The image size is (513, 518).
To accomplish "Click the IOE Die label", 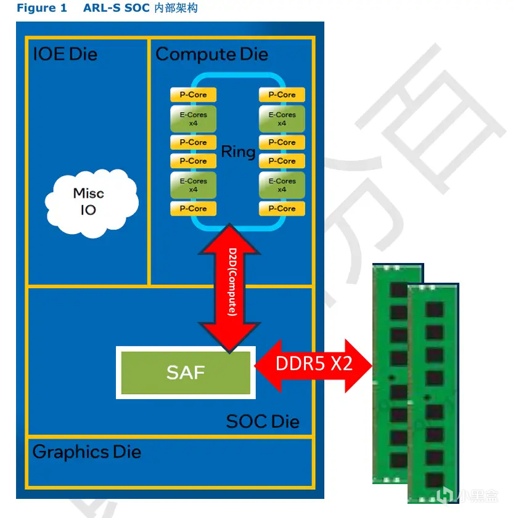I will [65, 54].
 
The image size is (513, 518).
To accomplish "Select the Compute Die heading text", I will [211, 54].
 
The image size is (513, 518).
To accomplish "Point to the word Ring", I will [238, 152].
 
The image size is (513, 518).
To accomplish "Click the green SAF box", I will [186, 372].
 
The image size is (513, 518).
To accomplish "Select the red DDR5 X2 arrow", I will [314, 364].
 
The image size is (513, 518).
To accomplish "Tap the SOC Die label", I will [263, 421].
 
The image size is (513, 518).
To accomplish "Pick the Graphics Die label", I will [87, 452].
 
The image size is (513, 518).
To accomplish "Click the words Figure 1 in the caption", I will [41, 9].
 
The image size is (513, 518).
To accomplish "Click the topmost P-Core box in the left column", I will [193, 95].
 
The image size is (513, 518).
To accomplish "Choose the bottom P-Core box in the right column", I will [282, 209].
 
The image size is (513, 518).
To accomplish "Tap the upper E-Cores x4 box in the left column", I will [193, 119].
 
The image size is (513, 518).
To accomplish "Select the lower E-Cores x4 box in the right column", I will [282, 185].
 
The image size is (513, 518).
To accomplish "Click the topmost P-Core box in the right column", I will [282, 95].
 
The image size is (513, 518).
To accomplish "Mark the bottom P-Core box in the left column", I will [193, 209].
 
